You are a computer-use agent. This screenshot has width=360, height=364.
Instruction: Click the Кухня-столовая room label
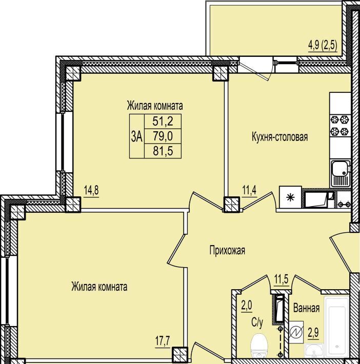click(x=279, y=137)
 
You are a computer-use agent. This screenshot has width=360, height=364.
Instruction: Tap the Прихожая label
click(x=227, y=251)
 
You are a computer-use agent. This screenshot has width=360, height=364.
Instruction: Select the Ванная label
click(x=306, y=308)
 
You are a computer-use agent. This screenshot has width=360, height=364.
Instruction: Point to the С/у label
click(x=257, y=322)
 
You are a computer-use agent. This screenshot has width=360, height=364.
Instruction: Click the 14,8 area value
click(x=91, y=190)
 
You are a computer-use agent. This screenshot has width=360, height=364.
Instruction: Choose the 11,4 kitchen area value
click(x=249, y=190)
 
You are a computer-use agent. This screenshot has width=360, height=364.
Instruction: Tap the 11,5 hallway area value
click(x=281, y=279)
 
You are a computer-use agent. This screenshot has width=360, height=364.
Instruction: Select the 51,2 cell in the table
click(x=163, y=121)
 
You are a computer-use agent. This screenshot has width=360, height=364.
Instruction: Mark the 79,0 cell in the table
click(x=163, y=136)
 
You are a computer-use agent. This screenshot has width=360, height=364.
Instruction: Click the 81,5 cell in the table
click(x=163, y=151)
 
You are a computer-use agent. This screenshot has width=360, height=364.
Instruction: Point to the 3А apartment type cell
click(x=137, y=136)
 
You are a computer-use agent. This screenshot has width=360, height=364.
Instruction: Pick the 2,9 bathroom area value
click(x=313, y=333)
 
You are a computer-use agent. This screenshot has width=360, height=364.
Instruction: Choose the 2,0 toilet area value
click(x=247, y=306)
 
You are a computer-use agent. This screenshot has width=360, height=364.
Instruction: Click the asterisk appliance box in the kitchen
click(x=290, y=197)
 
